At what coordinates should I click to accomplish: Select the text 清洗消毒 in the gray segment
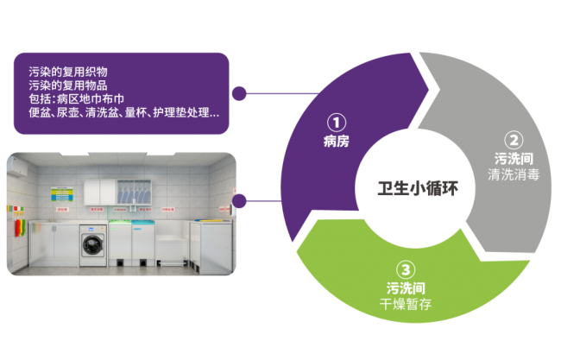pos(513,174)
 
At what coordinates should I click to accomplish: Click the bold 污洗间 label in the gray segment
pos(513,159)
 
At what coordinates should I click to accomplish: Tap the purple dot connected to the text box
pos(241,92)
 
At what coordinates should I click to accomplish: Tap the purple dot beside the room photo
pos(241,201)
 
